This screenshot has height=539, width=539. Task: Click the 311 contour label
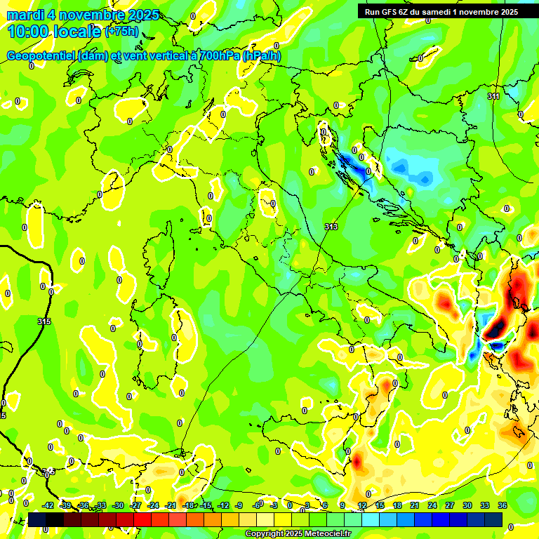pyautogui.click(x=493, y=96)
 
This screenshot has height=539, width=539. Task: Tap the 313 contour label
pyautogui.click(x=331, y=227)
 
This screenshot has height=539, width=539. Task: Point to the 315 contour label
pyautogui.click(x=44, y=321)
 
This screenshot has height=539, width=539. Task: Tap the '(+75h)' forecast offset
pyautogui.click(x=122, y=32)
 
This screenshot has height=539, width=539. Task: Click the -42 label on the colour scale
pyautogui.click(x=48, y=505)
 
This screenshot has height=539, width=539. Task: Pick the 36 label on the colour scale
pyautogui.click(x=503, y=505)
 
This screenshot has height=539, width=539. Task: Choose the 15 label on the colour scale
pyautogui.click(x=380, y=505)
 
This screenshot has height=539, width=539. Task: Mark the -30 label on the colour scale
pyautogui.click(x=118, y=505)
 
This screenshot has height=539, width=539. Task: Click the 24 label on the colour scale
pyautogui.click(x=432, y=505)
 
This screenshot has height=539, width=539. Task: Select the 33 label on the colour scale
pyautogui.click(x=485, y=505)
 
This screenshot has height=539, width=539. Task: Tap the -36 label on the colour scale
pyautogui.click(x=83, y=505)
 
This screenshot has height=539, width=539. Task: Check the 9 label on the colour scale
pyautogui.click(x=342, y=505)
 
